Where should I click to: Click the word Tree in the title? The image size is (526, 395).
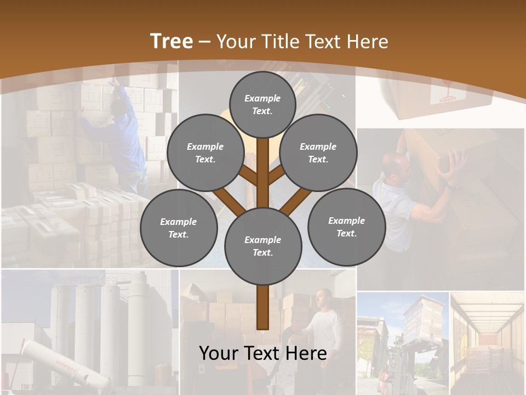coord(171,41)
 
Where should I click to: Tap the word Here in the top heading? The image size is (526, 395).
coord(368,42)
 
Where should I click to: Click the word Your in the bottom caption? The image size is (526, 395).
coord(219,353)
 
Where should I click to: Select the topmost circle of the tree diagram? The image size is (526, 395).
coord(262,104)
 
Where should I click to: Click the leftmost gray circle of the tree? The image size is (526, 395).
coord(179,228)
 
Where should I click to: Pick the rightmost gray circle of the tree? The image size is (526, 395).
coord(346,227)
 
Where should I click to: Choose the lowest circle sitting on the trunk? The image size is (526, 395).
coord(263,246)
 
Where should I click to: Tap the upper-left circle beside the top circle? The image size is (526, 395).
coord(205,153)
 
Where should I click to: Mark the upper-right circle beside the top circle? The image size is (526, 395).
coord(318,153)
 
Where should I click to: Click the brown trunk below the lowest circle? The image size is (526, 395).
coord(262,307)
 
